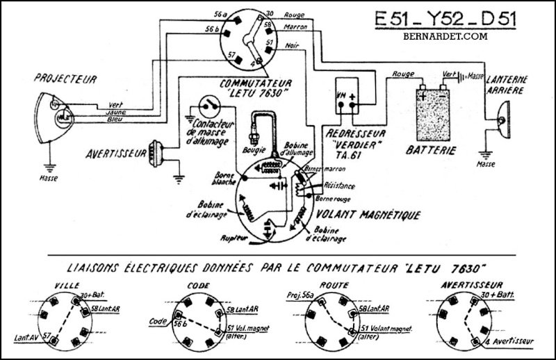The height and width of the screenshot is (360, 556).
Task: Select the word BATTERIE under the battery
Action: point(434,150)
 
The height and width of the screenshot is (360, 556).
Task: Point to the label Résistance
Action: point(340,186)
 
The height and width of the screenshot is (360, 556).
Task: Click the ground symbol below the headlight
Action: point(49,167)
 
